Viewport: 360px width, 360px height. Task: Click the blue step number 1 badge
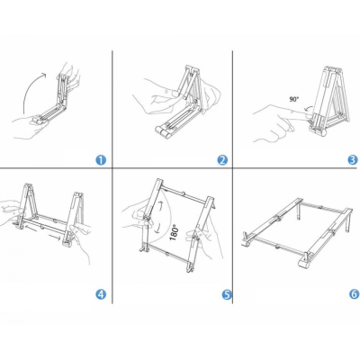pyautogui.click(x=101, y=160)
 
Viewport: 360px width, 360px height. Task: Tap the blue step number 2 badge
pyautogui.click(x=222, y=160)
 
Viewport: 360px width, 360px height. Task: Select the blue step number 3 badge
pyautogui.click(x=353, y=159)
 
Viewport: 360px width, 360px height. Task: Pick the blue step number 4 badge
pyautogui.click(x=101, y=294)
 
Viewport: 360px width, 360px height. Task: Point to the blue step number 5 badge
pyautogui.click(x=227, y=294)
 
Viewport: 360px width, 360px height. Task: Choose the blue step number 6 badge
pyautogui.click(x=355, y=293)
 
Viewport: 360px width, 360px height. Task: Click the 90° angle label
pyautogui.click(x=294, y=99)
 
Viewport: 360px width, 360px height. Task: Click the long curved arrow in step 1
pyautogui.click(x=29, y=87)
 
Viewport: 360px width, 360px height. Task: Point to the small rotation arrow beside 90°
pyautogui.click(x=307, y=109)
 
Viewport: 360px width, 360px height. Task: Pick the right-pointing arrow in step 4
pyautogui.click(x=55, y=238)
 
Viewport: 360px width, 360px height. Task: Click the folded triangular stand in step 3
pyautogui.click(x=329, y=101)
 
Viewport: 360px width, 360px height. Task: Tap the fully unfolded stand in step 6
pyautogui.click(x=297, y=232)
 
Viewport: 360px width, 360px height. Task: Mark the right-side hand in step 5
pyautogui.click(x=205, y=240)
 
